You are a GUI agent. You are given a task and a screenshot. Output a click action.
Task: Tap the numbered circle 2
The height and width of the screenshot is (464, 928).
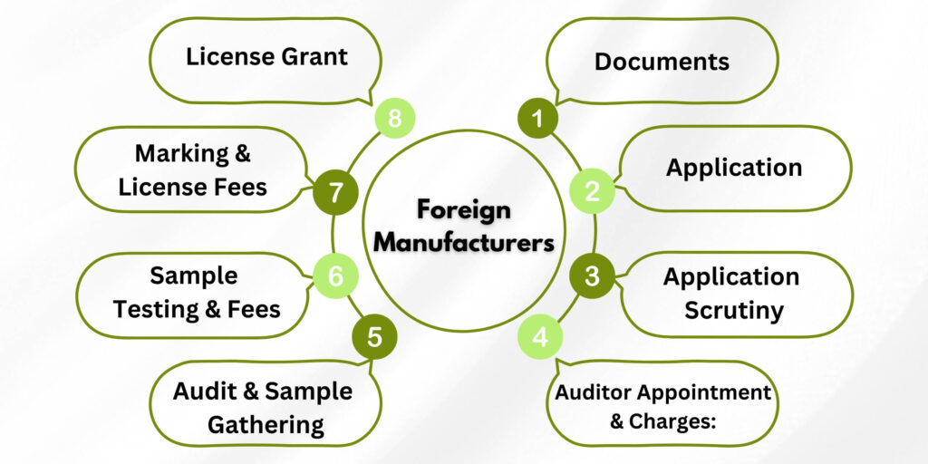pyautogui.click(x=592, y=191)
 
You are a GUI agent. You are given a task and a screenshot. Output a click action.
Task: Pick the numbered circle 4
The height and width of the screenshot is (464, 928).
pyautogui.click(x=540, y=338)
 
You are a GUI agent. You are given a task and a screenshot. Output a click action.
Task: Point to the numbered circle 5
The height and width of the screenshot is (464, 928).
pyautogui.click(x=375, y=338)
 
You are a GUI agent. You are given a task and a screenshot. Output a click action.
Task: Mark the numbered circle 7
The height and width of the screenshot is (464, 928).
pyautogui.click(x=335, y=192)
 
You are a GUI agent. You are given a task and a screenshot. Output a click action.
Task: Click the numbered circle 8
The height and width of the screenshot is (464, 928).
pyautogui.click(x=394, y=119)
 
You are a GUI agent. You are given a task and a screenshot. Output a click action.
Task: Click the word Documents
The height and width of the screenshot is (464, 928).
pyautogui.click(x=662, y=62)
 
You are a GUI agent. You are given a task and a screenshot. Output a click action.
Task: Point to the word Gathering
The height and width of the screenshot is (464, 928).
pyautogui.click(x=266, y=423)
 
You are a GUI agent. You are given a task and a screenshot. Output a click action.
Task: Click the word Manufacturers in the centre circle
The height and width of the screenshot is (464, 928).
pyautogui.click(x=464, y=243)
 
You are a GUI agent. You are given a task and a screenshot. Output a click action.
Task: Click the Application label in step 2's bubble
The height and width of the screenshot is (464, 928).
pyautogui.click(x=734, y=168)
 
